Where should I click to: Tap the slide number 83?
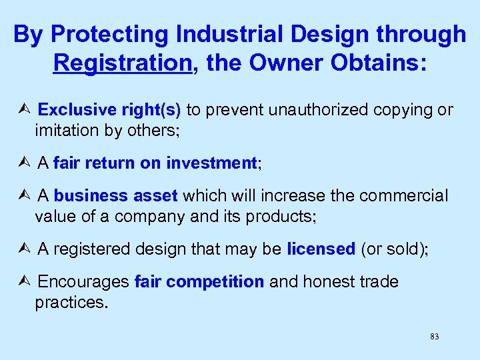pyautogui.click(x=435, y=337)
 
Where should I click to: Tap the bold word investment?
pyautogui.click(x=211, y=163)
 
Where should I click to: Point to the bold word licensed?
pyautogui.click(x=321, y=249)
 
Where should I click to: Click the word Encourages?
pyautogui.click(x=83, y=282)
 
